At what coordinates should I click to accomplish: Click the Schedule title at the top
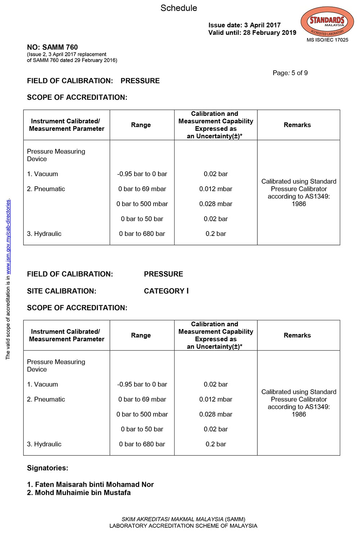[179, 8]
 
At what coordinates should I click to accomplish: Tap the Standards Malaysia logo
[327, 22]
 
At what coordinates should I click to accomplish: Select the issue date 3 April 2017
[262, 25]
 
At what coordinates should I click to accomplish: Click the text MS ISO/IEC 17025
[327, 40]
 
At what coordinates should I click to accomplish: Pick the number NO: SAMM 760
[52, 47]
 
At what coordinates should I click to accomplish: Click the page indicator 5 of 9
[300, 73]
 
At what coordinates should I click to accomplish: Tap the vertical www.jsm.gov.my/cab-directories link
[8, 236]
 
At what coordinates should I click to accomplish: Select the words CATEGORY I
[166, 291]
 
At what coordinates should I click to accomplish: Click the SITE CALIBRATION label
[62, 291]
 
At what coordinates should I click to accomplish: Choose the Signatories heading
[48, 468]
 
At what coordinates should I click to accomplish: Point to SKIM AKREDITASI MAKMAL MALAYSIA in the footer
[172, 519]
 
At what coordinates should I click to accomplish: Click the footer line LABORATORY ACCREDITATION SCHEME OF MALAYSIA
[183, 526]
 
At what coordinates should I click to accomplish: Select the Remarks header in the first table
[297, 125]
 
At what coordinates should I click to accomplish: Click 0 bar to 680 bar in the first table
[142, 234]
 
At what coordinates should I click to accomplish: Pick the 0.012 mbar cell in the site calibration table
[216, 399]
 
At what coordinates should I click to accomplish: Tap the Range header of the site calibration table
[141, 335]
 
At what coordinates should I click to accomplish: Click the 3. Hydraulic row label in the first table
[44, 234]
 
